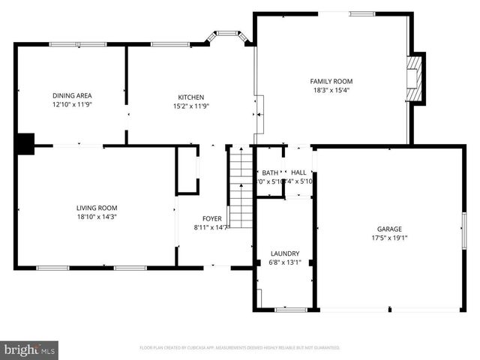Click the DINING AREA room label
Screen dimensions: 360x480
(x=72, y=95)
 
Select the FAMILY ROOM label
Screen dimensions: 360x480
(x=331, y=81)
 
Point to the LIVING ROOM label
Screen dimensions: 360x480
(x=97, y=208)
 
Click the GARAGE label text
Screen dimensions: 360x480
(x=389, y=229)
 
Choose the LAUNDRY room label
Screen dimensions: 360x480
(x=285, y=253)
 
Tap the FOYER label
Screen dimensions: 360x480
(x=211, y=218)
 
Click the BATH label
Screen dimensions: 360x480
(x=269, y=172)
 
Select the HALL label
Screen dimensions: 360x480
(x=298, y=172)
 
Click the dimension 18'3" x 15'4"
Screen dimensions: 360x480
(x=331, y=90)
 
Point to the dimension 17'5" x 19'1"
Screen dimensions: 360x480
(x=389, y=238)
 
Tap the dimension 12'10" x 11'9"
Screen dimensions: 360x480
(x=72, y=105)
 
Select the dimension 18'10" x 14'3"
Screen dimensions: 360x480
(x=97, y=217)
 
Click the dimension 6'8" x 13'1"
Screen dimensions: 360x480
(x=285, y=262)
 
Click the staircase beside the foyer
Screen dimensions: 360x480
(x=241, y=187)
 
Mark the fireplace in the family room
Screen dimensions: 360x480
(x=415, y=78)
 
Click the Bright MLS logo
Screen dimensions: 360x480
(x=29, y=349)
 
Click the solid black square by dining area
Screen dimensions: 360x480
(x=25, y=143)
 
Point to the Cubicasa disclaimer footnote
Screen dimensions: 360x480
(x=239, y=348)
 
